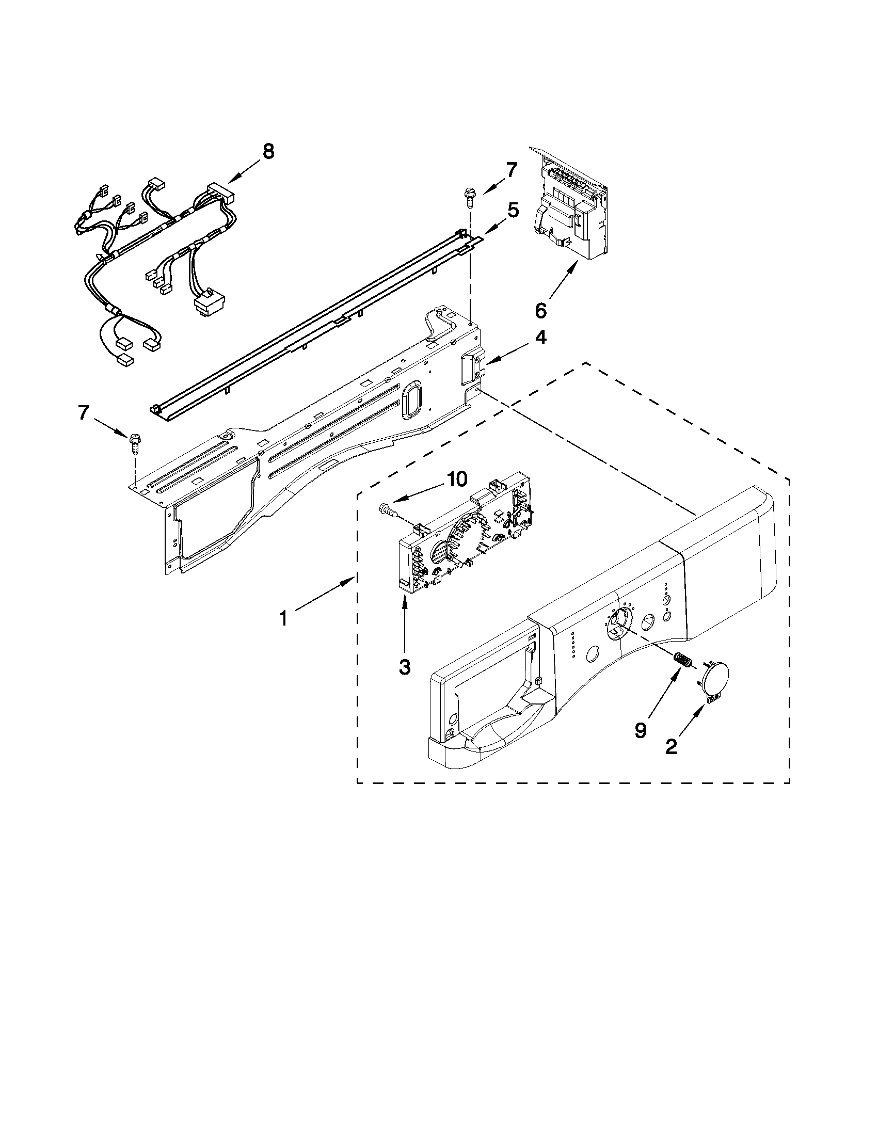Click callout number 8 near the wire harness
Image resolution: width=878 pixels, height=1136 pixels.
268,152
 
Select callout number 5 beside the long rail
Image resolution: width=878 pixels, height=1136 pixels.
513,211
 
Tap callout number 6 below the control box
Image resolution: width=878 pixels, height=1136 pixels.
541,311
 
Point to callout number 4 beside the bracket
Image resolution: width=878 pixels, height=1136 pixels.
541,338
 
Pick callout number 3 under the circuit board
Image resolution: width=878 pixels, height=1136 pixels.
405,666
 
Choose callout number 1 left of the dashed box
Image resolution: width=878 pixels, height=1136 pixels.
283,619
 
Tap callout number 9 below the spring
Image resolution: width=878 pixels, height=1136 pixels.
640,730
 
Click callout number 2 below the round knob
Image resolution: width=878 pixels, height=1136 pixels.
671,747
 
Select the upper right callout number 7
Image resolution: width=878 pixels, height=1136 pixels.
512,170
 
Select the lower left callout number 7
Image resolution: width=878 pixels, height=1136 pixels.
83,412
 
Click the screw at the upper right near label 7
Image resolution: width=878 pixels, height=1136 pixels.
469,198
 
